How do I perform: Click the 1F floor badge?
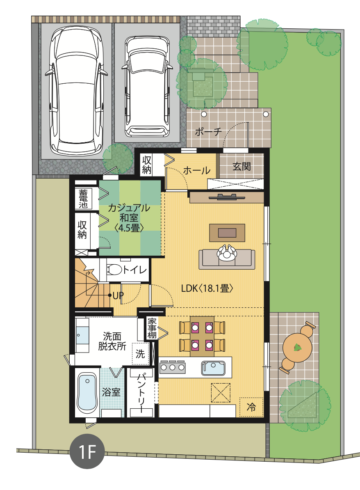coord(87,451)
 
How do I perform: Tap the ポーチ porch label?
coord(208,132)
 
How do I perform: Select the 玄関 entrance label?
coord(242,167)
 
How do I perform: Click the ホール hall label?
coord(196,170)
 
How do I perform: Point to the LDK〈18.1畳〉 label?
coord(207,288)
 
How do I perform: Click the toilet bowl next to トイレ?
coord(114,269)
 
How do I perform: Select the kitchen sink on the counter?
coord(213,368)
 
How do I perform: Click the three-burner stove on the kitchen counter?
coord(172,367)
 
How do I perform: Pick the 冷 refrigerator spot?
coord(251,407)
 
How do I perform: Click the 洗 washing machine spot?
coord(140,354)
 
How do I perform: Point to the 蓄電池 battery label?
coord(83,199)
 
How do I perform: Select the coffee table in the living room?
coord(227,233)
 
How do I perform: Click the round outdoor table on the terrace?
coord(297,347)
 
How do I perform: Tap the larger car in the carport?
coord(76,91)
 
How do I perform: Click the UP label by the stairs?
coord(118,295)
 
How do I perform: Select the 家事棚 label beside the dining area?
coord(152,328)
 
